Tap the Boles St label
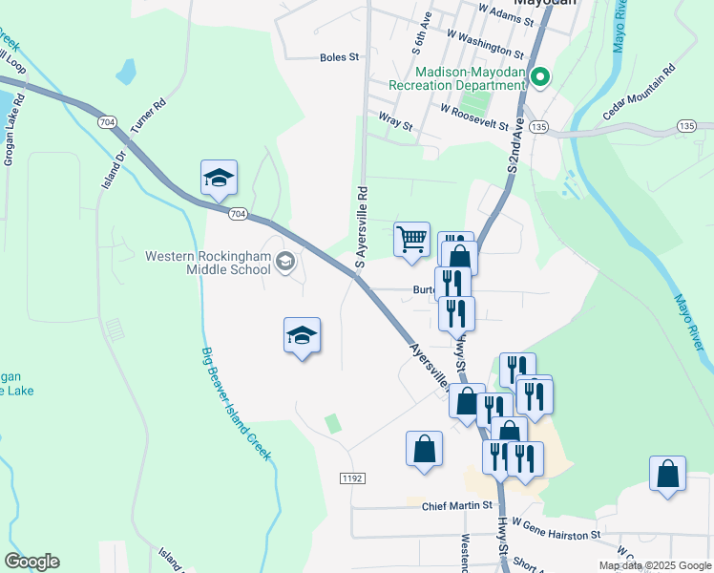pyautogui.click(x=339, y=57)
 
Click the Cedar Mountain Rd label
pyautogui.click(x=639, y=93)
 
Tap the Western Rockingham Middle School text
pyautogui.click(x=208, y=262)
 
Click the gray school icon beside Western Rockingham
pyautogui.click(x=284, y=262)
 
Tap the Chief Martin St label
pyautogui.click(x=456, y=505)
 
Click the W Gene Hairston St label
pyautogui.click(x=556, y=529)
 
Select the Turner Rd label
pyautogui.click(x=148, y=115)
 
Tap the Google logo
pyautogui.click(x=31, y=562)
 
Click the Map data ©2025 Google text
pyautogui.click(x=654, y=565)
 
